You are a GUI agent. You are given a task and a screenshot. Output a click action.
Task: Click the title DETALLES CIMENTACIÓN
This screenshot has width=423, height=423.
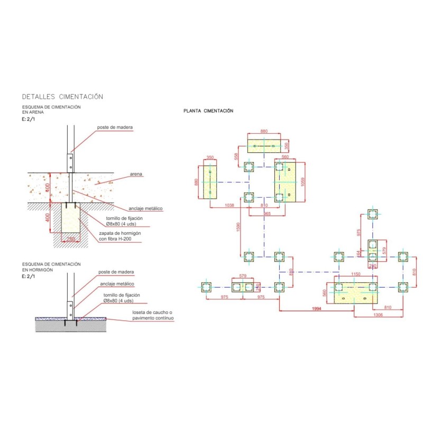[x=62, y=97]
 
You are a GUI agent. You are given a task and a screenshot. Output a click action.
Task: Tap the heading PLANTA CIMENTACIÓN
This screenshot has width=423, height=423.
[x=208, y=111]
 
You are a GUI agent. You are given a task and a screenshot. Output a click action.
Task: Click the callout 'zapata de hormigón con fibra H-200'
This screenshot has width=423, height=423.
[x=120, y=236]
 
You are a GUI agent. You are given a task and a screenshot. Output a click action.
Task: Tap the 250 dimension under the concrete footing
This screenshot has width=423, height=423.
[x=70, y=239]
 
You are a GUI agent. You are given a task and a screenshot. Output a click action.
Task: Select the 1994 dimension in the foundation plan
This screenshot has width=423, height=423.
[x=317, y=308]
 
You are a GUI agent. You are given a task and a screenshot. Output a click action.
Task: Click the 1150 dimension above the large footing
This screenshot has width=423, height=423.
[x=354, y=274]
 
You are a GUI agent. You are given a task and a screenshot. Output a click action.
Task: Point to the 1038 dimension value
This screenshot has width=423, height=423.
[x=229, y=205]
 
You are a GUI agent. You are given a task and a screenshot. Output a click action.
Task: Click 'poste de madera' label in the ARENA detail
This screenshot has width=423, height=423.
[x=115, y=128]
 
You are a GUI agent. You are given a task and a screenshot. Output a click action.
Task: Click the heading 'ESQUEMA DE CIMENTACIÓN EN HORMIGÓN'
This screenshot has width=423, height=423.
[x=51, y=266]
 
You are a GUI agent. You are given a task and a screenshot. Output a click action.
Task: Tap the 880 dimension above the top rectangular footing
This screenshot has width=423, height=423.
[x=264, y=131]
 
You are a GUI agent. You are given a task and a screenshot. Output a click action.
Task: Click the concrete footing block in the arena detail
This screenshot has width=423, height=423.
[x=70, y=218]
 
